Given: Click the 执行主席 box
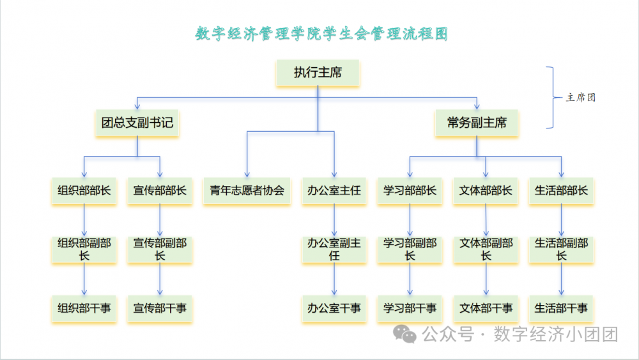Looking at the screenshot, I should pos(318,73).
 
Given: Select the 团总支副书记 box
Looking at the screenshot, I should pos(137,123).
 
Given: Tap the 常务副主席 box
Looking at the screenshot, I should pos(477,123).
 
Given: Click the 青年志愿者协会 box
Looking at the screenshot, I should pos(247,190).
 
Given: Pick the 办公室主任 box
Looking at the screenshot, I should pos(334,190).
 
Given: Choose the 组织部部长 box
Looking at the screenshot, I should pos(84,190).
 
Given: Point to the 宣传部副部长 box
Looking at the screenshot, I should pos(160,249).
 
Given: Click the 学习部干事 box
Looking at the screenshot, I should pos(410,308).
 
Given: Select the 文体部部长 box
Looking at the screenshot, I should pos(486,190).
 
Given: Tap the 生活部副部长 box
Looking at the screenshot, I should pos(561,249).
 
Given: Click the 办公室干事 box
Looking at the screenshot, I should pos(334,308).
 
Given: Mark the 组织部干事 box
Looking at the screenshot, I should pos(84,308).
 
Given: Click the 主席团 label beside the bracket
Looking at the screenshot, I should pos(581,98).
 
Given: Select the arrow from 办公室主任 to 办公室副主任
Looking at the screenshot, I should pos(334,220).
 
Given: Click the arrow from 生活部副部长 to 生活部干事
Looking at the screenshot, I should pos(561,279).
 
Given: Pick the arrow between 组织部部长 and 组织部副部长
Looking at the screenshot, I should pos(84,220).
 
